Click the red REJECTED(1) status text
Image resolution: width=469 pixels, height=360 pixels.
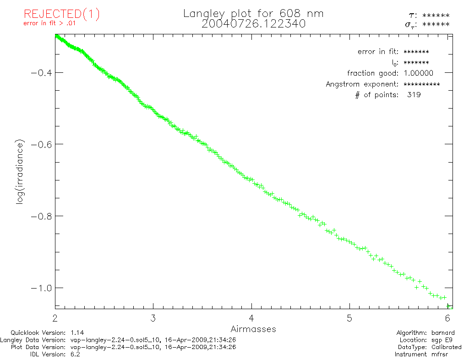61,14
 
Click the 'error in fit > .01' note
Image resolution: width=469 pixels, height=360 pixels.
49,24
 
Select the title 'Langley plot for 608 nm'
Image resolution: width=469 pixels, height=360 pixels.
253,14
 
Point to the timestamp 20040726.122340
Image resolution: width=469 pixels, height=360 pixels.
253,24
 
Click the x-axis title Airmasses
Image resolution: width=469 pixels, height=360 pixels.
253,329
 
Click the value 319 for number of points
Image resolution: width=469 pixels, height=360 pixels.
414,95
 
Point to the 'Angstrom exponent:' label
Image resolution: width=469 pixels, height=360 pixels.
362,84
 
